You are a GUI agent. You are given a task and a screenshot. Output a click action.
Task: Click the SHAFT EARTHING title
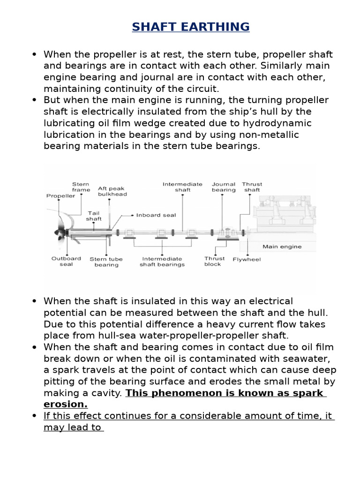point(190,27)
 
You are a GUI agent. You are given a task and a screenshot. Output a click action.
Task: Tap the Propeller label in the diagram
point(60,196)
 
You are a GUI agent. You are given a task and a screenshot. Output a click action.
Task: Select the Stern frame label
point(81,187)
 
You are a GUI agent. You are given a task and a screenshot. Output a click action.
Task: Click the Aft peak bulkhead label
point(112,191)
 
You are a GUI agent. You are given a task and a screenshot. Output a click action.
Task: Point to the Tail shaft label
point(94,216)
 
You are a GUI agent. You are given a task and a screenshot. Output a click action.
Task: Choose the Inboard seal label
point(156,215)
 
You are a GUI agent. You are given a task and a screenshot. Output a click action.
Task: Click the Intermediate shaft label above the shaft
point(182,187)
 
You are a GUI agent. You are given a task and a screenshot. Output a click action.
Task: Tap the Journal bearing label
point(224,187)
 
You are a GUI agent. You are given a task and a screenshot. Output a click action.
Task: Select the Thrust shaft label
point(252,187)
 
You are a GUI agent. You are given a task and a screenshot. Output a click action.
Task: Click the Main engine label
point(282,247)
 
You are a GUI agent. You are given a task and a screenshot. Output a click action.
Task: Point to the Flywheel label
point(247,259)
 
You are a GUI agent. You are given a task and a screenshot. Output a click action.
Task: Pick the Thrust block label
point(214,261)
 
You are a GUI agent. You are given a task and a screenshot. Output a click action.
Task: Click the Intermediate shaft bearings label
point(162,261)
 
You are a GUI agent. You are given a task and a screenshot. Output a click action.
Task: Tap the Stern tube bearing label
point(106,262)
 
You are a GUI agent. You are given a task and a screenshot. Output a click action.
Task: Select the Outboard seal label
point(66,261)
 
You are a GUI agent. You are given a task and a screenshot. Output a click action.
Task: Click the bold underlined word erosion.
point(66,404)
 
